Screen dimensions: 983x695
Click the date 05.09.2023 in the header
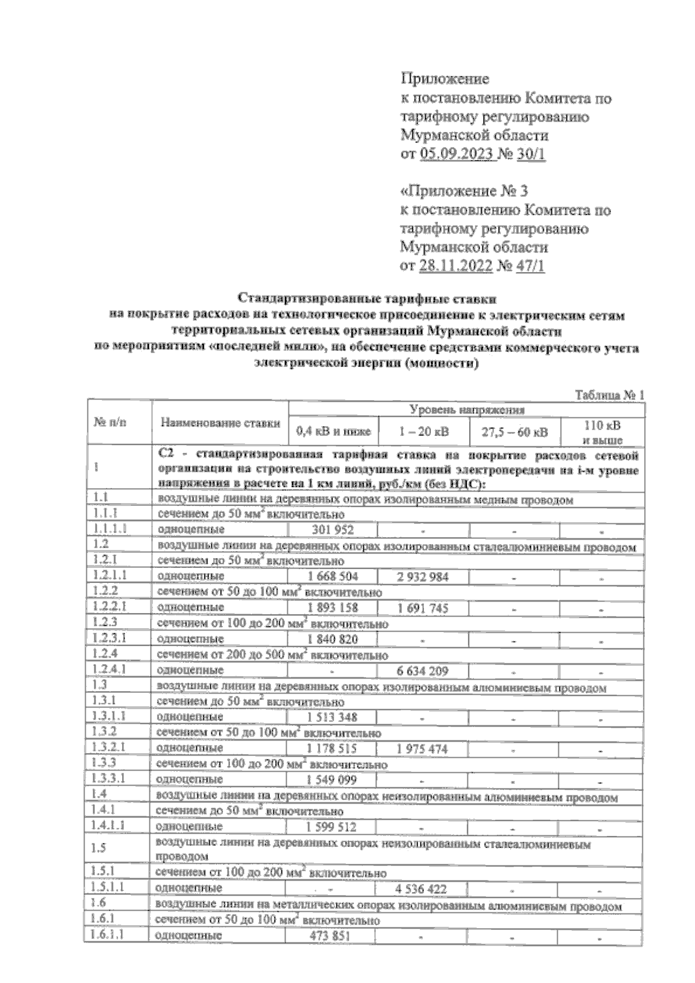[x=458, y=155]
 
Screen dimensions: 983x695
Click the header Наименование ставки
[x=220, y=423]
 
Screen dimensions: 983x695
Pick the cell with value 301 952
[x=332, y=530]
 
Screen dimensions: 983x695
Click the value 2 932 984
[x=423, y=577]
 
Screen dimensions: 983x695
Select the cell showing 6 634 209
[x=423, y=671]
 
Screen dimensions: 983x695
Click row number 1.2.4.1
[x=109, y=670]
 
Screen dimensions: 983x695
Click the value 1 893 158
[x=332, y=608]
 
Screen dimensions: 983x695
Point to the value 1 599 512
[x=331, y=827]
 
